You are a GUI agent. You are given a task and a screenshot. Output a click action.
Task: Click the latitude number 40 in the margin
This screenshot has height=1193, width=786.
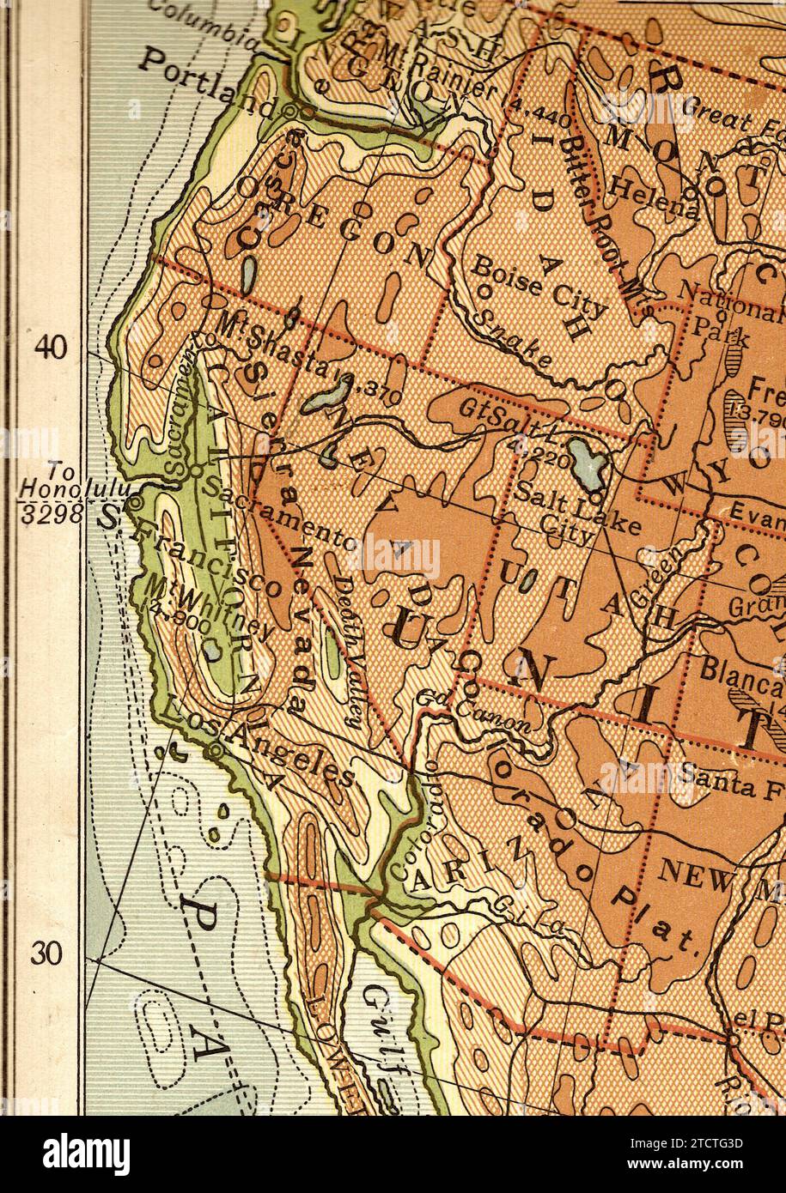(x=50, y=347)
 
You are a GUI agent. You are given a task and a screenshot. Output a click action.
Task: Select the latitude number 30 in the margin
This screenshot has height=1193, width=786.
(x=48, y=954)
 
